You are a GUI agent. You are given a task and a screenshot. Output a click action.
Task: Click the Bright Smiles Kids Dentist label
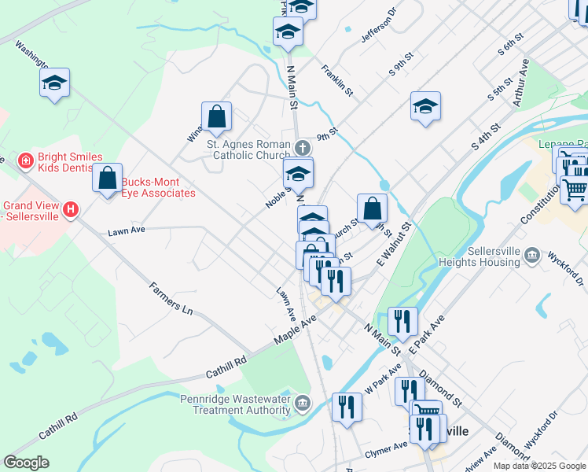(68, 163)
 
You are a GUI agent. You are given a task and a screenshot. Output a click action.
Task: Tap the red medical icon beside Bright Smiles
(26, 161)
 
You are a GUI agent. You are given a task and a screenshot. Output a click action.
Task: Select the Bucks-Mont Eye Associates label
(158, 187)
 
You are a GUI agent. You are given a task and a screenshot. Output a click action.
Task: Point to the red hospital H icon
(71, 210)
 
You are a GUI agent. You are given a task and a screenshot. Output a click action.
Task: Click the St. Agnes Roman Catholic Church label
(248, 149)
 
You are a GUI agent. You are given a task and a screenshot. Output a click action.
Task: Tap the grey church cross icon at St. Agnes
(303, 147)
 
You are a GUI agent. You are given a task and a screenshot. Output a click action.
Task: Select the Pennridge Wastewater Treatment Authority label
(236, 404)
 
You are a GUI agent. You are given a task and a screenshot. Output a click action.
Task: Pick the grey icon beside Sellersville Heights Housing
(533, 254)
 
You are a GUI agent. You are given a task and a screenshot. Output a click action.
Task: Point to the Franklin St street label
(336, 80)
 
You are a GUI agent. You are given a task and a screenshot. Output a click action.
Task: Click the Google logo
(26, 463)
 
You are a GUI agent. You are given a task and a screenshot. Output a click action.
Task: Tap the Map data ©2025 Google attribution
(539, 466)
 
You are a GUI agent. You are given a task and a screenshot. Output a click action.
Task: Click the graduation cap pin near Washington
(55, 83)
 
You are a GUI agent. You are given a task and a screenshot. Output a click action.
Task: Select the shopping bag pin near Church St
(373, 208)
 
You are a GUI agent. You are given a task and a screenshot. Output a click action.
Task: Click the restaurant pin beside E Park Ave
(402, 321)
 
